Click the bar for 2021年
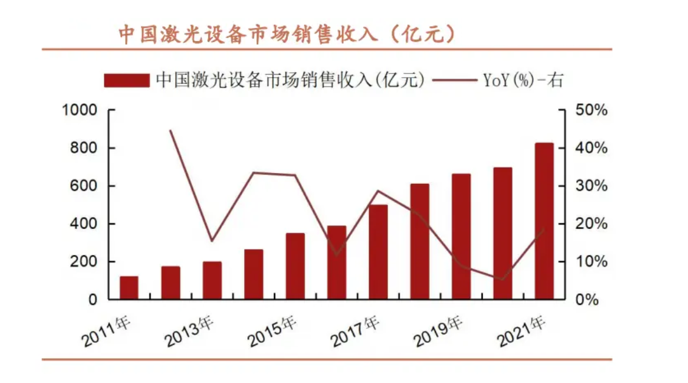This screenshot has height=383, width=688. click(x=544, y=221)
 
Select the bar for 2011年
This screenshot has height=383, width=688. click(x=129, y=288)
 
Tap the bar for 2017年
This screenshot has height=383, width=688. click(x=378, y=252)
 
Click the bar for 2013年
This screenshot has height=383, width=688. click(x=212, y=280)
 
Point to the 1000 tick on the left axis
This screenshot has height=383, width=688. click(x=80, y=110)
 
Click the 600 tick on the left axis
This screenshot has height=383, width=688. click(x=85, y=186)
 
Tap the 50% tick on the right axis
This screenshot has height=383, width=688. click(x=590, y=110)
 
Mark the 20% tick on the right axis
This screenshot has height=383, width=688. click(x=590, y=224)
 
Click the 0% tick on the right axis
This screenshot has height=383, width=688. click(x=587, y=300)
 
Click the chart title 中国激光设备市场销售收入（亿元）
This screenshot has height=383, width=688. click(x=287, y=34)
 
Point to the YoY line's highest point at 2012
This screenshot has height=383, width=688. click(x=171, y=130)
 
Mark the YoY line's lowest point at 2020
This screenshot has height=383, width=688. click(x=502, y=280)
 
